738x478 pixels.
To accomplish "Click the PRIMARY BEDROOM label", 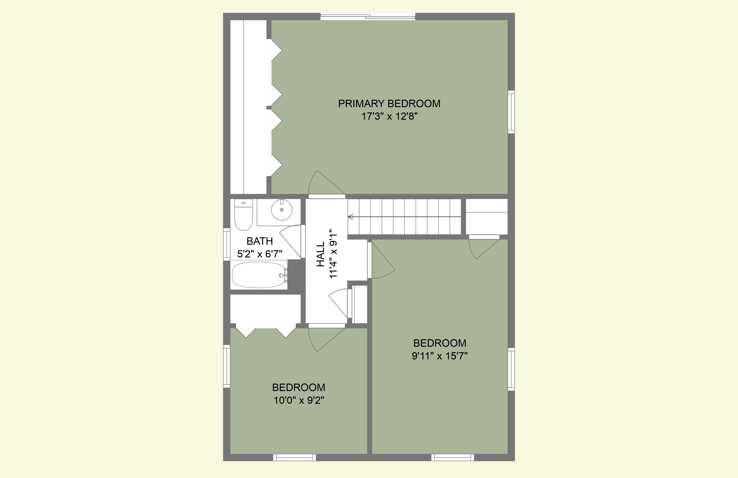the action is point(389,104).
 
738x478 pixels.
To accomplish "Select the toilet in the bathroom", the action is point(243,215).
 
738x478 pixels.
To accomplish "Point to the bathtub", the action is point(259,275).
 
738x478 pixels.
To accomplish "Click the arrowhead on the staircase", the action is point(351,217).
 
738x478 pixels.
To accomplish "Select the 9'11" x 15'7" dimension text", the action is point(440,356).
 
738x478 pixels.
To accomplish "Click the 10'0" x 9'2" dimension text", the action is point(299,400).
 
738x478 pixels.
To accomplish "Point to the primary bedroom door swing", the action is point(326,183).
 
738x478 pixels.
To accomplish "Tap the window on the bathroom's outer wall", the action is point(227,244).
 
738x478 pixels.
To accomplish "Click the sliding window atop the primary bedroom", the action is point(368,16).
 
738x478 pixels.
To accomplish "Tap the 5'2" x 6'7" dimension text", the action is point(260,254).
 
